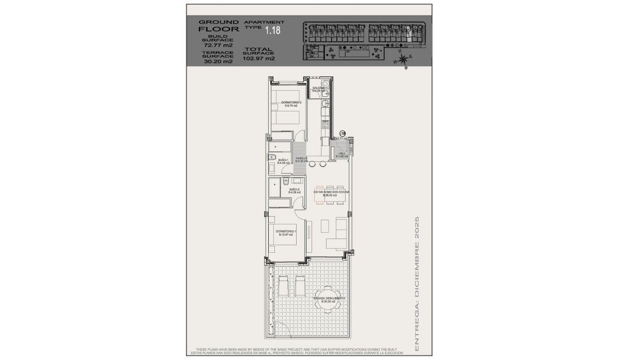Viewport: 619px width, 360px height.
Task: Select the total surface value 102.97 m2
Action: [x=258, y=59]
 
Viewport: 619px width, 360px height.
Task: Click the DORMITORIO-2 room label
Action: [x=288, y=104]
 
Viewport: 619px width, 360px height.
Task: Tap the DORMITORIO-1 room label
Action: [x=285, y=232]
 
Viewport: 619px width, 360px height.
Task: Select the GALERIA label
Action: [x=318, y=89]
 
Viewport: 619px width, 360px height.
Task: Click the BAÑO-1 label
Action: [x=283, y=161]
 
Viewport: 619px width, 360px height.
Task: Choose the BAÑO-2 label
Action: [x=294, y=190]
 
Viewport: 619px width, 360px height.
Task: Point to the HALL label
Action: [x=343, y=154]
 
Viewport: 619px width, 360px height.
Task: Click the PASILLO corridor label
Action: [x=301, y=159]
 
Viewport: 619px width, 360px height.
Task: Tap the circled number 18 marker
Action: [x=342, y=133]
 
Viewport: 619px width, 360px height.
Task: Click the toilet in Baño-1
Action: [x=273, y=158]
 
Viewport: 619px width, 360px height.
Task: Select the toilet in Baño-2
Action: [x=285, y=182]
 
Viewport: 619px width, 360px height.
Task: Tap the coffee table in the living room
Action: [x=325, y=226]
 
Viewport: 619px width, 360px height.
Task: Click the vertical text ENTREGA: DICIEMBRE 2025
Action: [x=417, y=284]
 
